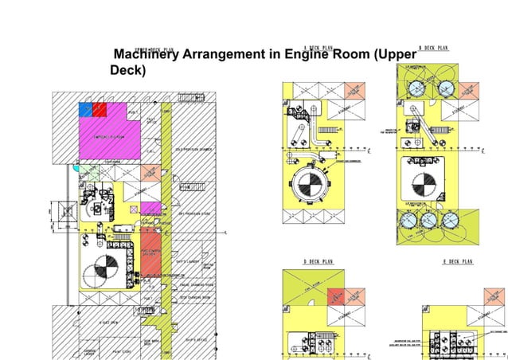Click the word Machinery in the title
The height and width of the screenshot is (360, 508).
146,55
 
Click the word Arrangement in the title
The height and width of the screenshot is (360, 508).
230,55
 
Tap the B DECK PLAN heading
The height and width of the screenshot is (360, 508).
433,49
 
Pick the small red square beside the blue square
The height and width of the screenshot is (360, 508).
100,109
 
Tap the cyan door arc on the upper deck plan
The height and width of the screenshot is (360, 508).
75,168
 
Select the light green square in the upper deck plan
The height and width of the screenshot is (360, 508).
92,170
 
